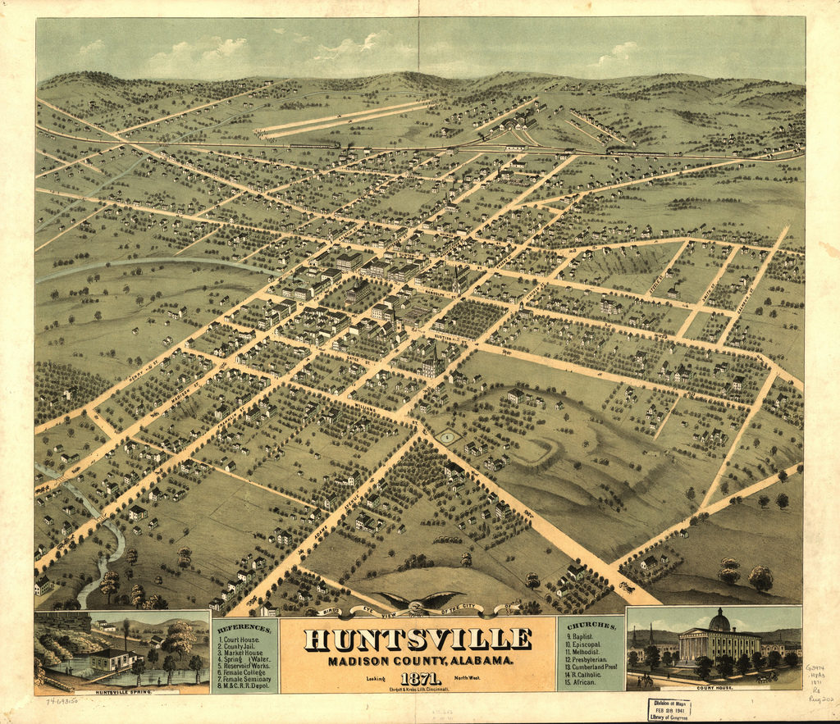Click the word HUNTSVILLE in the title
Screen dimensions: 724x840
(418, 639)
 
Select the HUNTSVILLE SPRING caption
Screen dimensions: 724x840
(122, 692)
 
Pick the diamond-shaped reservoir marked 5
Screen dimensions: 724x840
(446, 438)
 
